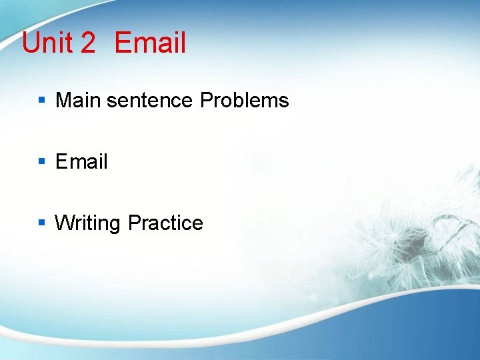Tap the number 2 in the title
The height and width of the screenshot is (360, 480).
88,43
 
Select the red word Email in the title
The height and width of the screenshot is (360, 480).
150,43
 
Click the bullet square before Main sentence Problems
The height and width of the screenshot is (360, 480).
41,101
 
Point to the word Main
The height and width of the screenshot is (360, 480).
78,101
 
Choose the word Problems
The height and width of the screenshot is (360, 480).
245,101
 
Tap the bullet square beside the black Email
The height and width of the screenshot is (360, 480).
41,161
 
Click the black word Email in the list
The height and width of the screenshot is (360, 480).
81,161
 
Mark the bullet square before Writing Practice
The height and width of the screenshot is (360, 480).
41,223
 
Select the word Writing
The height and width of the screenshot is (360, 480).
89,223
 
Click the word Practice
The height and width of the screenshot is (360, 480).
165,223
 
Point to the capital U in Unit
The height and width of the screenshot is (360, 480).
31,43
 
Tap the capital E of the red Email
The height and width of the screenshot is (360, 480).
123,43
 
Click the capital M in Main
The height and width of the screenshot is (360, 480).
63,101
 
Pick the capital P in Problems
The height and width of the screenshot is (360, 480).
206,101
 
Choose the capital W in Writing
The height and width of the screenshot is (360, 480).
64,223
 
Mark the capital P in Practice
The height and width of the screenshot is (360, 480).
133,223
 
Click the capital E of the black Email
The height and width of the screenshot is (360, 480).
61,161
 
